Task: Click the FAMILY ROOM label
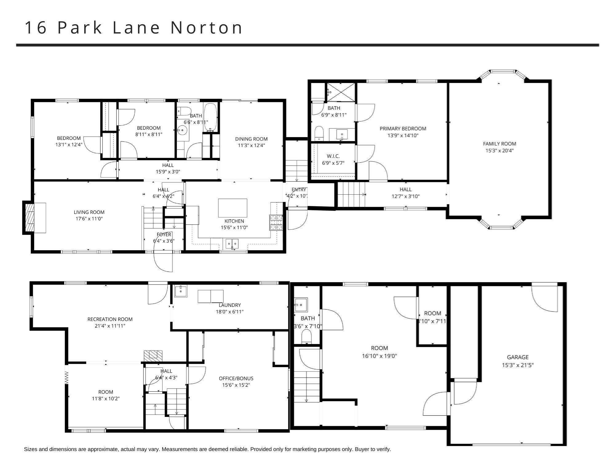[499, 144]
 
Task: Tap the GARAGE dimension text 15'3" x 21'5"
[518, 365]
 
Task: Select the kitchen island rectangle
[232, 208]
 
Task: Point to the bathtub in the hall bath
[211, 117]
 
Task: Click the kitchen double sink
[232, 243]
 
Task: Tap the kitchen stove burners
[276, 222]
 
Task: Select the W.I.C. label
[333, 156]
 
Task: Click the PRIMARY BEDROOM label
[403, 129]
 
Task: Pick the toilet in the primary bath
[319, 133]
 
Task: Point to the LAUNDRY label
[230, 305]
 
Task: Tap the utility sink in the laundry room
[181, 291]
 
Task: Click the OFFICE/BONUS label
[236, 378]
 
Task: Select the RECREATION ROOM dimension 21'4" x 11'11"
[110, 326]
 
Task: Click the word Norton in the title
[207, 28]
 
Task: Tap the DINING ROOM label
[251, 139]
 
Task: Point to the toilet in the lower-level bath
[307, 337]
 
